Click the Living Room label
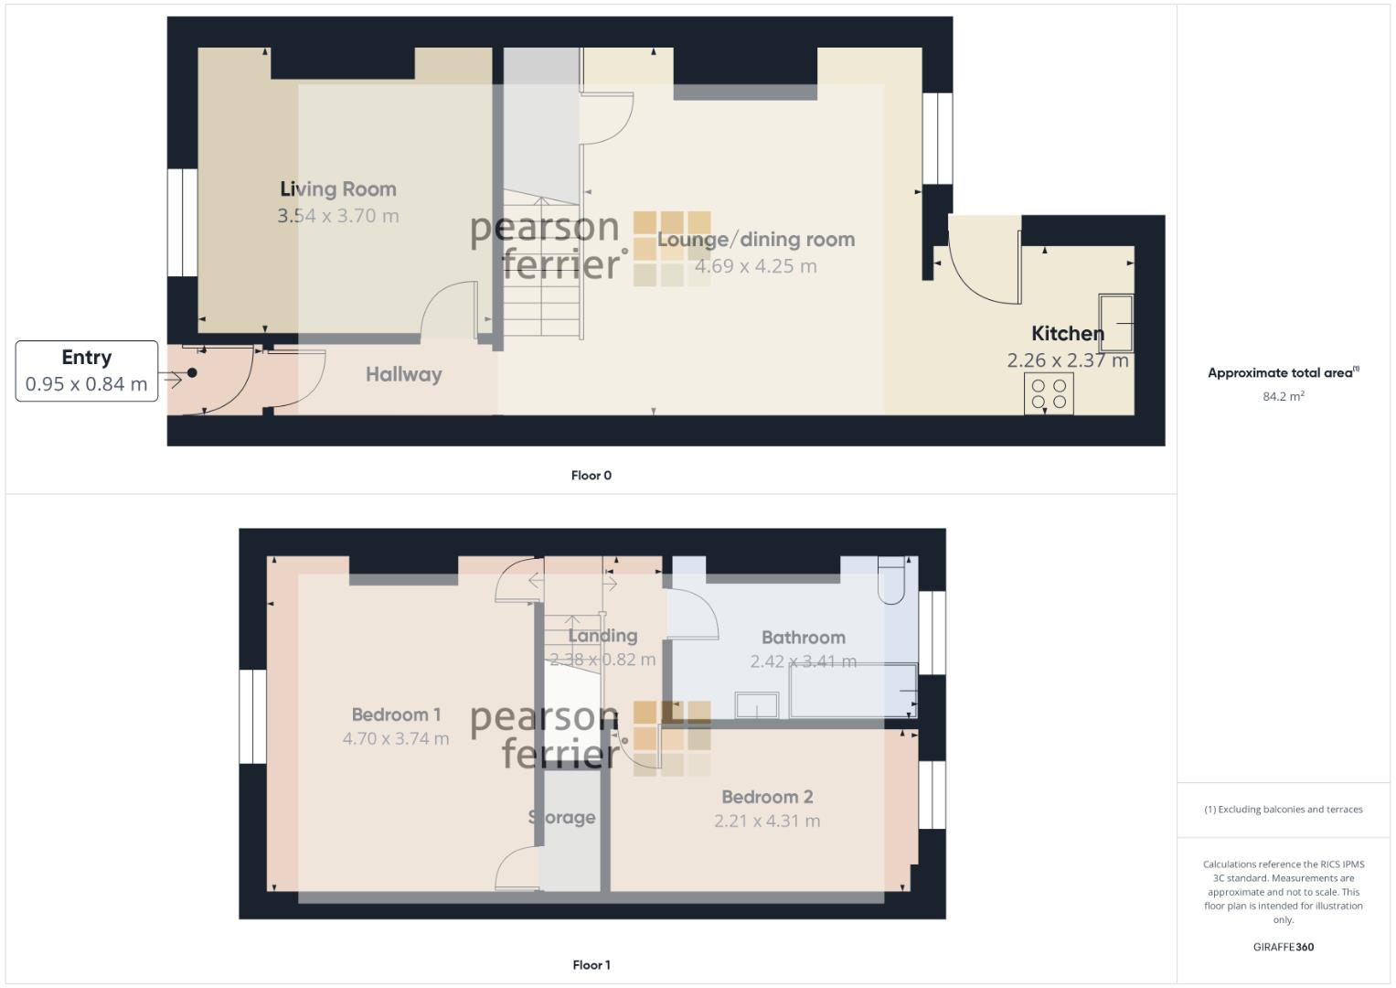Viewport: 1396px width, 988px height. point(338,189)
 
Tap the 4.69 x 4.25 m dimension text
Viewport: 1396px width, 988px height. point(755,266)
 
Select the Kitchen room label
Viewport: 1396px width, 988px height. point(1067,334)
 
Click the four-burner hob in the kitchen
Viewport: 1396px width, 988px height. point(1049,393)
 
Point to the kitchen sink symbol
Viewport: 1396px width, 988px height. point(1116,322)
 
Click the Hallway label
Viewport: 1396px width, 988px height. point(403,374)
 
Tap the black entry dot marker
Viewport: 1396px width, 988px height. point(192,372)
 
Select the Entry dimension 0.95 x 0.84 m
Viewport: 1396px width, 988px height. point(86,384)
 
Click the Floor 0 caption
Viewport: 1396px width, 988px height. point(591,476)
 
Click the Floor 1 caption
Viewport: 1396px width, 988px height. point(591,965)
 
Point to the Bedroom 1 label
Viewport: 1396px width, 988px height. point(396,714)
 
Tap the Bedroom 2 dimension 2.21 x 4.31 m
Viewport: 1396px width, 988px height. point(767,822)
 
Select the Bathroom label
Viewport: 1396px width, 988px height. point(803,638)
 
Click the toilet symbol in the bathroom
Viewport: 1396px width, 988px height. point(890,581)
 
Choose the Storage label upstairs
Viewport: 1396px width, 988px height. point(562,818)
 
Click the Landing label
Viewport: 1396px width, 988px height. point(602,636)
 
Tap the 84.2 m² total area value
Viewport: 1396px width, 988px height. point(1283,396)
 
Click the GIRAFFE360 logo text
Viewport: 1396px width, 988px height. point(1283,947)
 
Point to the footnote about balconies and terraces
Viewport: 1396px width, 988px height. point(1283,810)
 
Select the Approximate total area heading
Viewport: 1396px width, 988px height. point(1283,372)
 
